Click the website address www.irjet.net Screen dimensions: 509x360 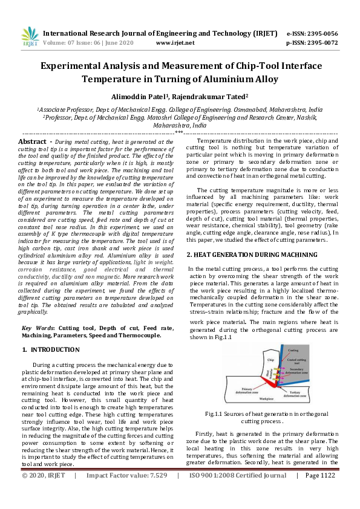(x=175, y=44)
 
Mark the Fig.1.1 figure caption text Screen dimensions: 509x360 (x=267, y=417)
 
